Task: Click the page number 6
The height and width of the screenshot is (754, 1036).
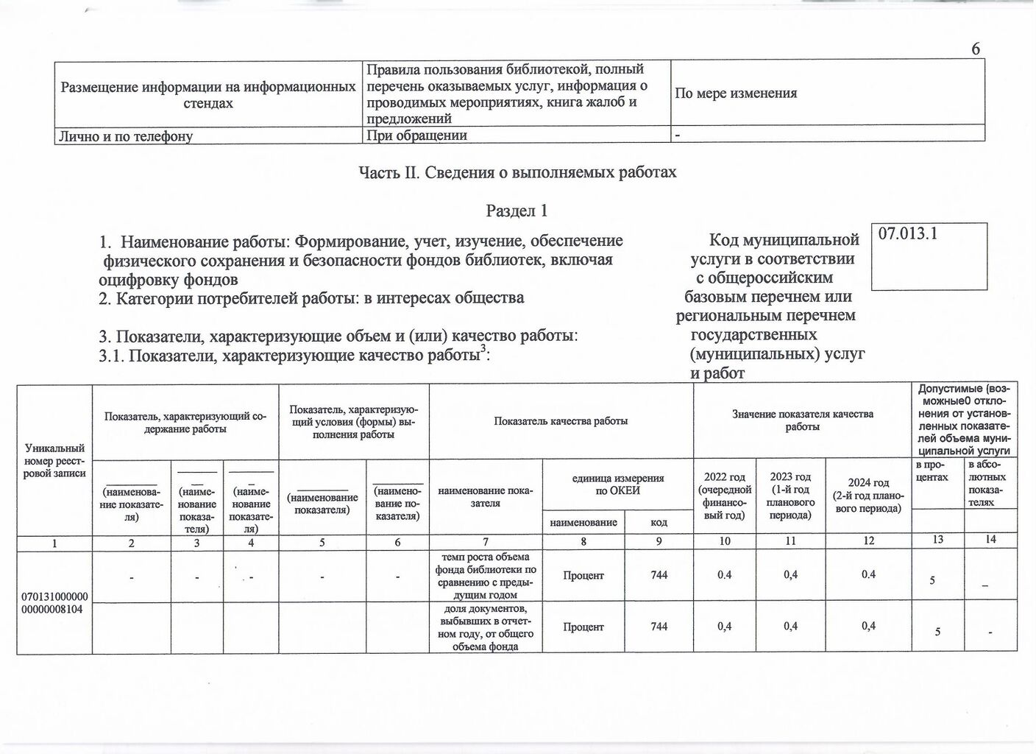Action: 976,49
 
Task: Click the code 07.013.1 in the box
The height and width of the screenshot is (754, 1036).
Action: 907,234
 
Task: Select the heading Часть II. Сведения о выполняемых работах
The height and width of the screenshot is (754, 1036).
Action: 517,172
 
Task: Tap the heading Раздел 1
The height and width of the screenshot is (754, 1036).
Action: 517,211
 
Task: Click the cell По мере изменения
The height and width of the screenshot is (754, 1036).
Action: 736,94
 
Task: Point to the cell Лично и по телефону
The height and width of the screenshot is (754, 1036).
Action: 127,135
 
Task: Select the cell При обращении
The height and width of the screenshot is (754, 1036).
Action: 416,135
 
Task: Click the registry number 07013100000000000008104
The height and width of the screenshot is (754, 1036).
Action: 54,601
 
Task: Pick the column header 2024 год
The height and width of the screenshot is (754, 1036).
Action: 869,496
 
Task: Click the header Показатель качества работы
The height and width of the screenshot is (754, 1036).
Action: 561,421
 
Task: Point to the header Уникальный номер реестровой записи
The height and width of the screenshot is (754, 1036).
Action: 54,460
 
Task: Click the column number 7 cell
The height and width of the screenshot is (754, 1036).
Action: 486,541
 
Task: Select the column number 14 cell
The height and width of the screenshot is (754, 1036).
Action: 990,540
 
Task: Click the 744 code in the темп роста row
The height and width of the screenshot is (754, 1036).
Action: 659,574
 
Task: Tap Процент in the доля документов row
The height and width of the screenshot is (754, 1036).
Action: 583,627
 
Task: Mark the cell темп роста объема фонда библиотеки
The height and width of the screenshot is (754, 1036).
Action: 486,575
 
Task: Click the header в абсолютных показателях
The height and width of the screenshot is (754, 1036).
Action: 990,483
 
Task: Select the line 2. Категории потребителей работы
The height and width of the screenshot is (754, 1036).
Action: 312,298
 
